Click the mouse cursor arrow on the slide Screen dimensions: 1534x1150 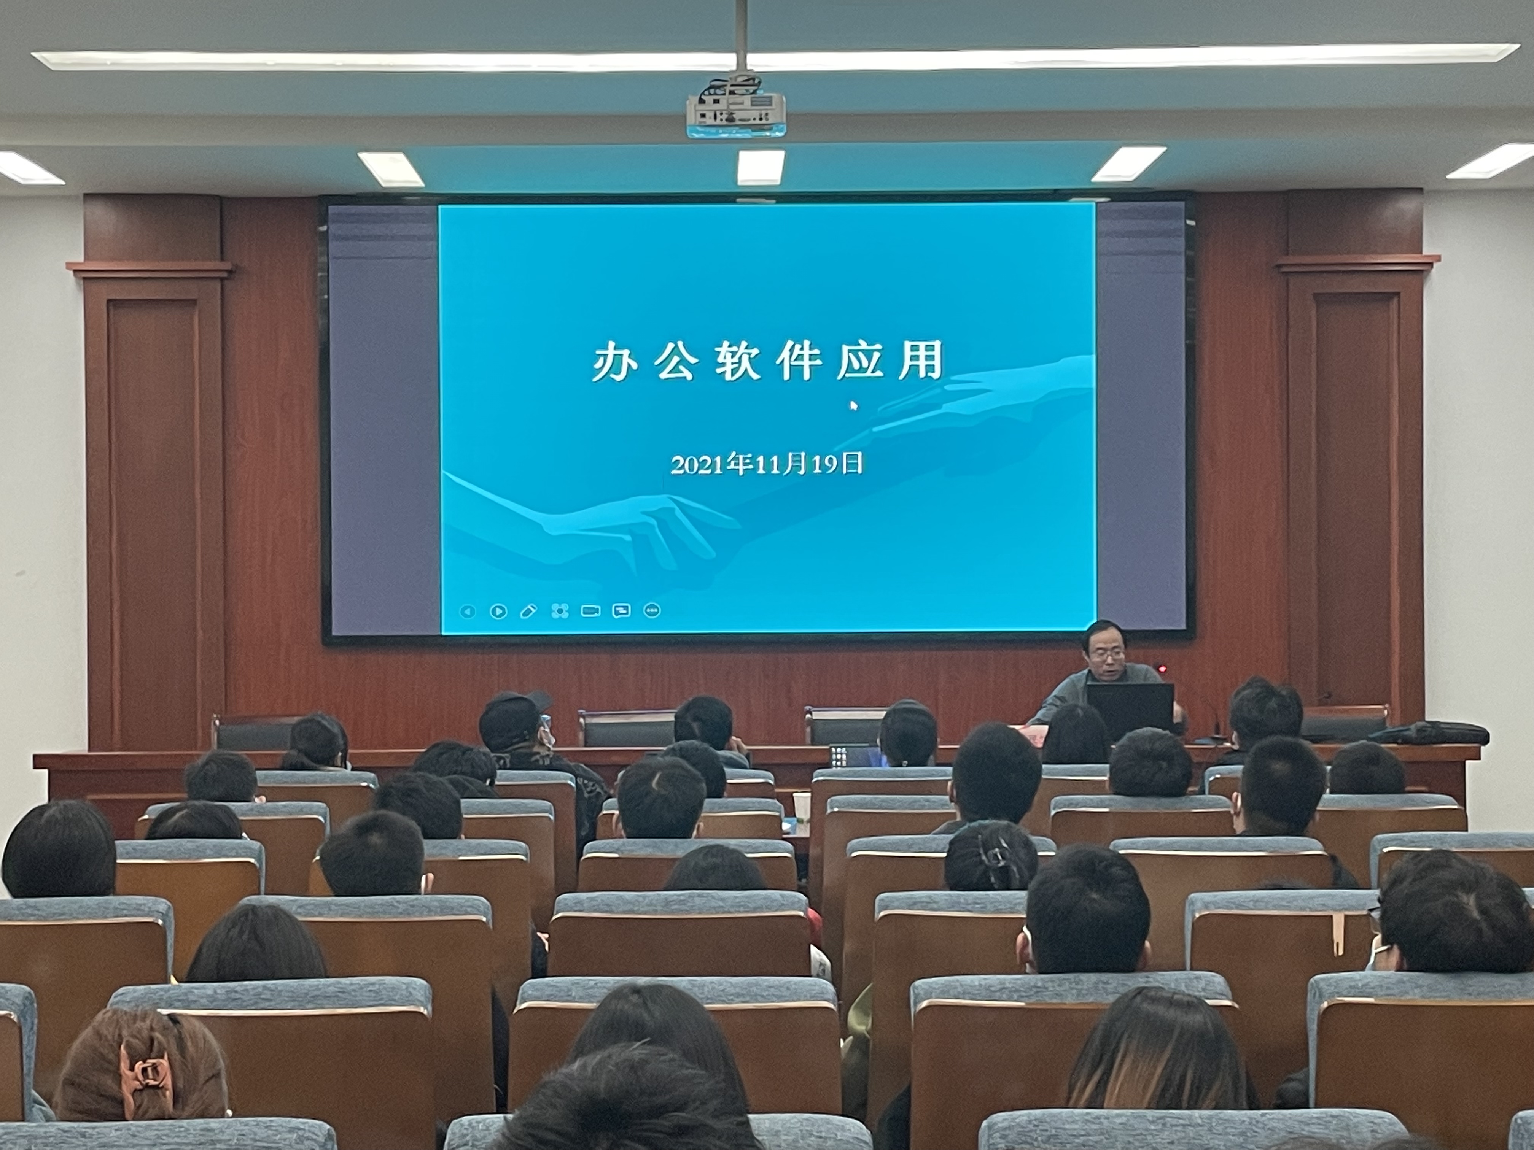pos(854,405)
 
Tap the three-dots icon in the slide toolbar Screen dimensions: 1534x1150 pos(652,610)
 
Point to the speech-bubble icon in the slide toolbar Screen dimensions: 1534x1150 pos(621,611)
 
